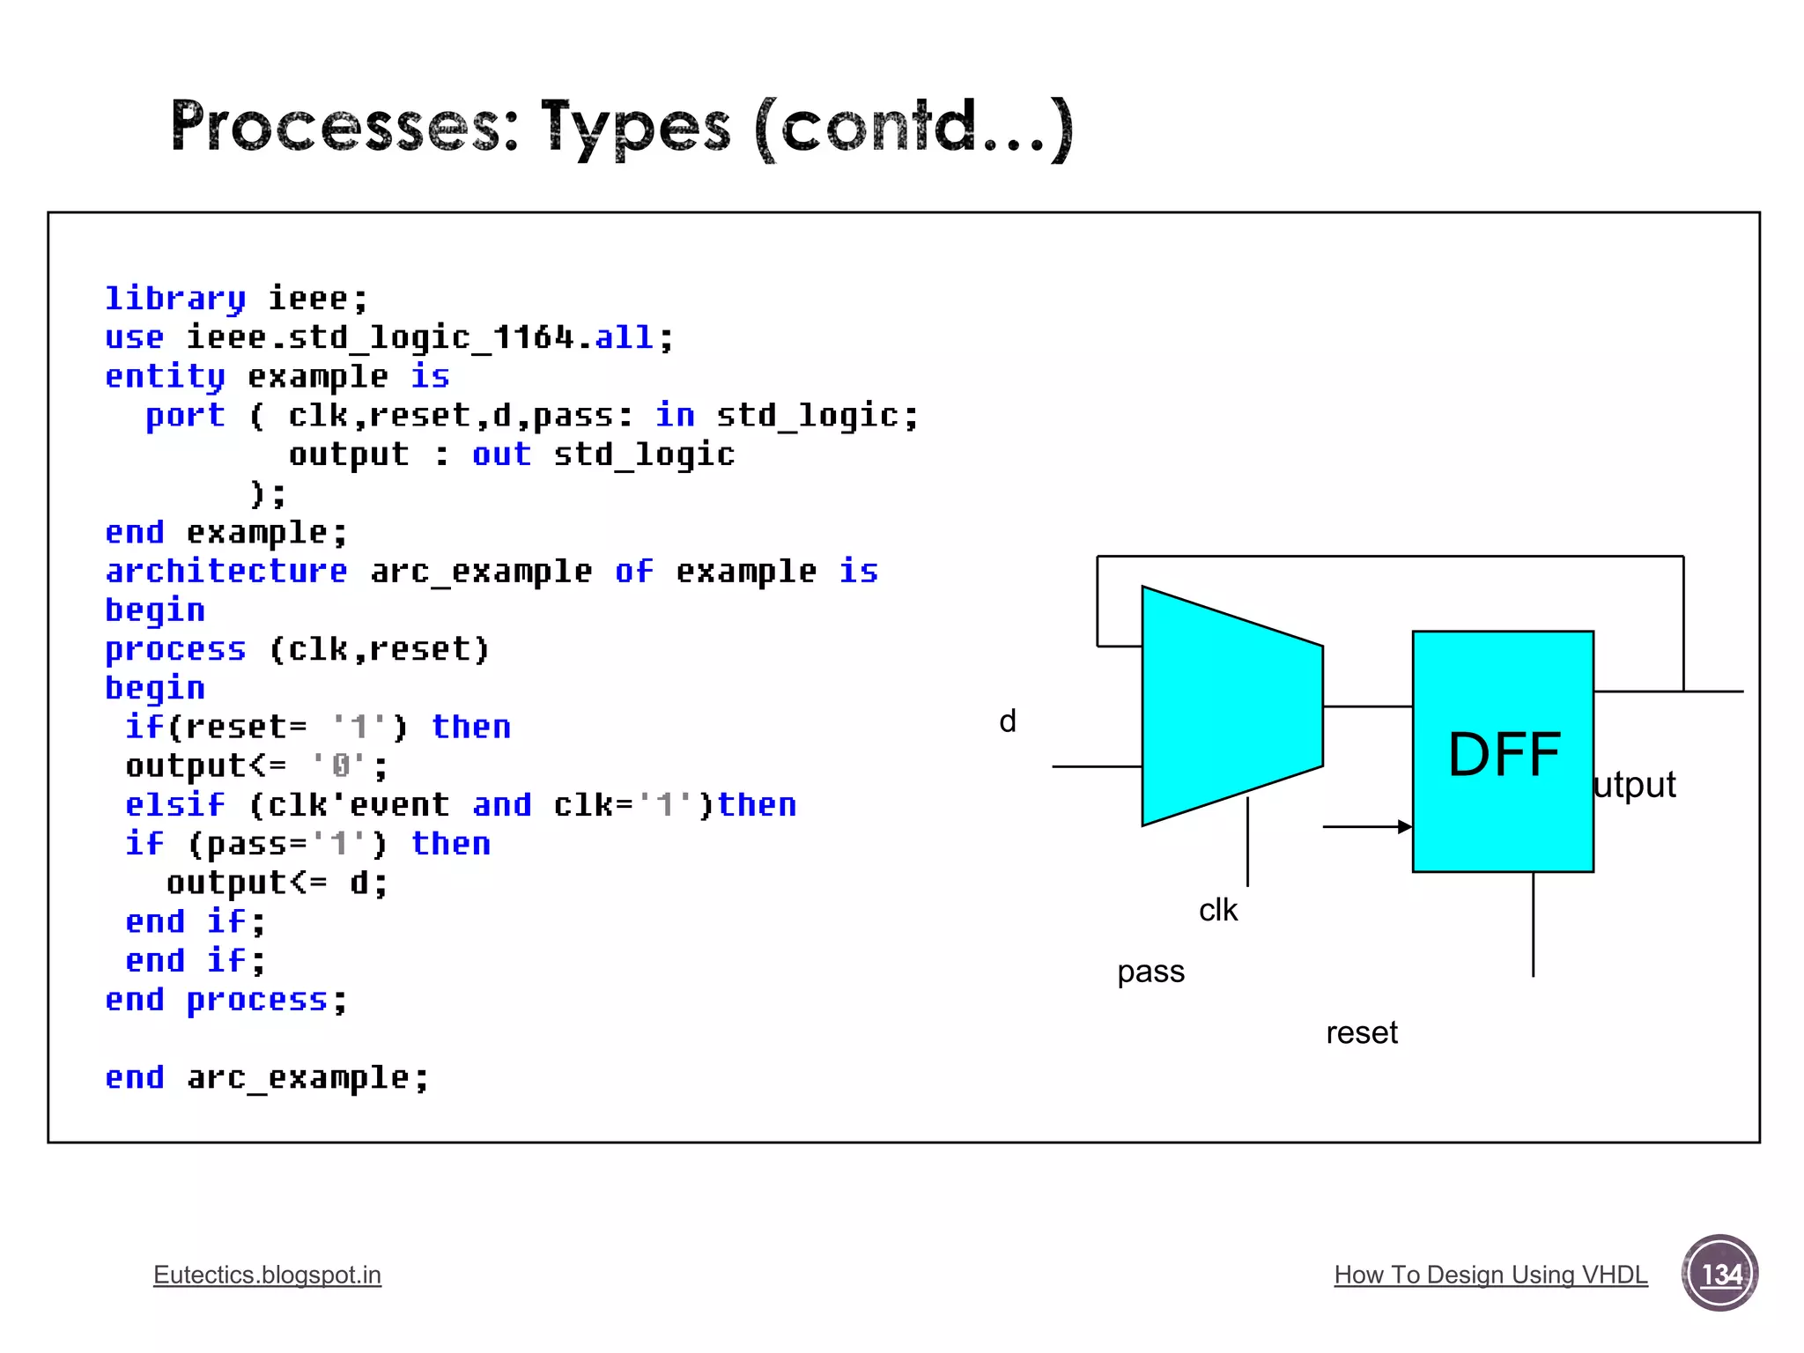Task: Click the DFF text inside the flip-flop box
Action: point(1504,755)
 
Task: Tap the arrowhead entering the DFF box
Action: point(1405,826)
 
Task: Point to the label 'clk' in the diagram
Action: point(1217,910)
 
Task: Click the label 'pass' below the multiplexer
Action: point(1150,972)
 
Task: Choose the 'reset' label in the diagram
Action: point(1361,1032)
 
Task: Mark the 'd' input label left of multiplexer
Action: point(1008,721)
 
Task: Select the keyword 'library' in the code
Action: point(174,299)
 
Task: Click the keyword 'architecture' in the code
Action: point(226,571)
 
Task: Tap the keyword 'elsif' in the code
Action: point(174,804)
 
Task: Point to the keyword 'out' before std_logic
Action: point(501,455)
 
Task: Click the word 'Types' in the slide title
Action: point(635,128)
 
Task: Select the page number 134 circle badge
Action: point(1719,1273)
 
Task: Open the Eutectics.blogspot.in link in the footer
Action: point(267,1275)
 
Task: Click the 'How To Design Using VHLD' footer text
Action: point(1490,1275)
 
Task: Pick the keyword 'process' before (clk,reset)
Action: point(174,649)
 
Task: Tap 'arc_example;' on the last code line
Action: point(307,1077)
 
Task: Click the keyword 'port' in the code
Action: point(185,415)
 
